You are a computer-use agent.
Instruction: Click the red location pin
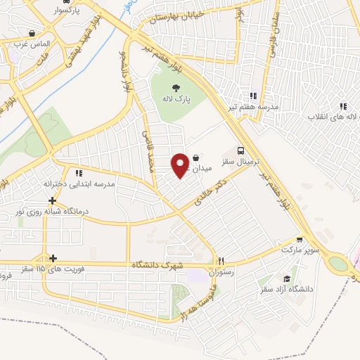[181, 165]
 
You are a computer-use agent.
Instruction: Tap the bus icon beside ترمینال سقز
[242, 151]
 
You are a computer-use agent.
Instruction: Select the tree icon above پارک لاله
[175, 87]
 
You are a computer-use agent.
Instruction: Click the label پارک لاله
[175, 100]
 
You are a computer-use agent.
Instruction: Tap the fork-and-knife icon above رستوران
[221, 259]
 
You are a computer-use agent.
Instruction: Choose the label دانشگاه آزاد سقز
[285, 289]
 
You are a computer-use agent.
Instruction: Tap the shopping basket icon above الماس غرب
[32, 33]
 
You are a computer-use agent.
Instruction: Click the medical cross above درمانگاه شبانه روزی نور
[53, 200]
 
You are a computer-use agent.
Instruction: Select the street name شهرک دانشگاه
[157, 266]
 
